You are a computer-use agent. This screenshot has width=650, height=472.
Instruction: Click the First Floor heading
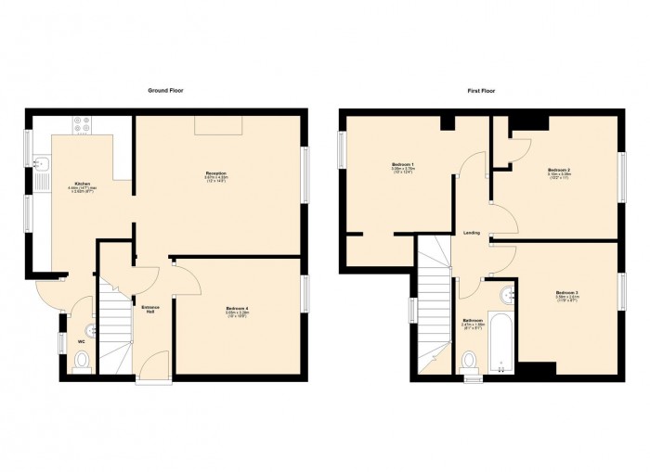point(479,91)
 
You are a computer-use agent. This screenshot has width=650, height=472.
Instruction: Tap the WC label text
point(82,342)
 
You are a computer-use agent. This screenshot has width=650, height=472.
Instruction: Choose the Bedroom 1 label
point(402,165)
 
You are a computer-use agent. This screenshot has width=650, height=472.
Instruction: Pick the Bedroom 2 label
point(558,170)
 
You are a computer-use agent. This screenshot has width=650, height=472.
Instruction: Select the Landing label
point(472,233)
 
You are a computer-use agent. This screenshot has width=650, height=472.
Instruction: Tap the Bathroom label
point(473,321)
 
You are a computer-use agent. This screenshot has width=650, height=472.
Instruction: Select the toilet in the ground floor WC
point(81,363)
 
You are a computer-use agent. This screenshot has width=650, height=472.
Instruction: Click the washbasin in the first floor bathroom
point(507,296)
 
